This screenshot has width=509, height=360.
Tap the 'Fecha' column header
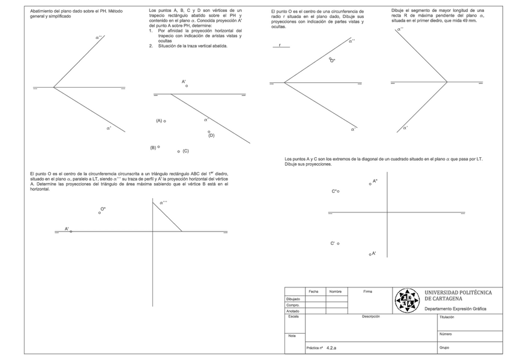pyautogui.click(x=313, y=292)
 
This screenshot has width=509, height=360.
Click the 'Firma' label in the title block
pyautogui.click(x=368, y=292)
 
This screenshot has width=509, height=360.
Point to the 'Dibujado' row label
pyautogui.click(x=294, y=298)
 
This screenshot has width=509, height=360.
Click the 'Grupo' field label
pyautogui.click(x=445, y=347)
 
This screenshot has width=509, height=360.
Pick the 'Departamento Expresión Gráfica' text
pyautogui.click(x=455, y=309)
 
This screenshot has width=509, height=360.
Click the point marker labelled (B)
pyautogui.click(x=158, y=146)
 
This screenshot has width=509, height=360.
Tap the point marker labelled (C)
pyautogui.click(x=178, y=151)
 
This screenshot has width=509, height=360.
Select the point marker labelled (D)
pyautogui.click(x=209, y=131)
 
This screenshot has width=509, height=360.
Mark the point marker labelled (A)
pyautogui.click(x=165, y=121)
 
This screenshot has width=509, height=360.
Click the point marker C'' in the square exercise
pyautogui.click(x=339, y=191)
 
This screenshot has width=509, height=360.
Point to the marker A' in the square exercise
pyautogui.click(x=370, y=254)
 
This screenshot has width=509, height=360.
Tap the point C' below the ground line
pyautogui.click(x=339, y=243)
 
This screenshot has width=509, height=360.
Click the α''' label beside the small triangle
pyautogui.click(x=163, y=203)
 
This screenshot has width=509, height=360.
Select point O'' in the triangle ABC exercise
pyautogui.click(x=100, y=212)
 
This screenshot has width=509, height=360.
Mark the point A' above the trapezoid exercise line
pyautogui.click(x=187, y=86)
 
